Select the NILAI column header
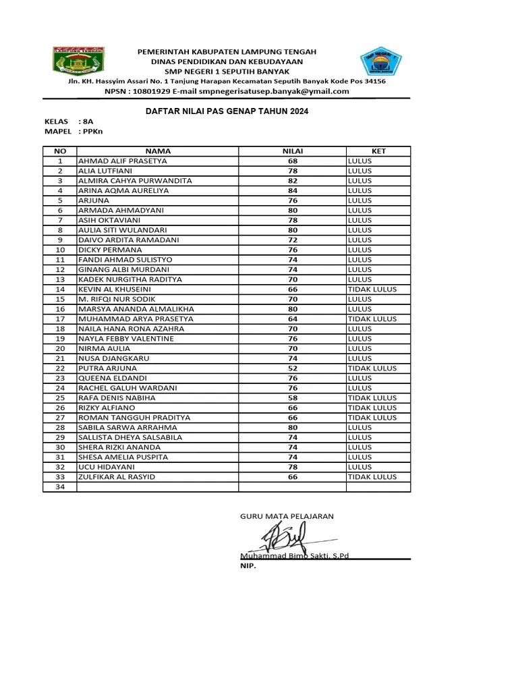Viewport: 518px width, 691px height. (293, 151)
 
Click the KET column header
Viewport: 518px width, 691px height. (378, 151)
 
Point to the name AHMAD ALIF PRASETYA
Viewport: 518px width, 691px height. (123, 161)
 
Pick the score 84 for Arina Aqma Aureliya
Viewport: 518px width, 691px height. (293, 191)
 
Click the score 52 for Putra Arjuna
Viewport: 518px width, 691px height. (293, 368)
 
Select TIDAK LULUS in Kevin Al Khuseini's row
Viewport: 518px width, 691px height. (372, 289)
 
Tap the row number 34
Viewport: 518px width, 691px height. (60, 487)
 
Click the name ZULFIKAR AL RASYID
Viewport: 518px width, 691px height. (117, 477)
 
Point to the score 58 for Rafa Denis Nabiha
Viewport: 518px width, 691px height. (293, 398)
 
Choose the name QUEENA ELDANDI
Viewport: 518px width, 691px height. (113, 379)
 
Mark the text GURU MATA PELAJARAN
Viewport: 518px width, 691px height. (287, 516)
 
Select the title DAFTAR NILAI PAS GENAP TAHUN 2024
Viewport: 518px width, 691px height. (227, 111)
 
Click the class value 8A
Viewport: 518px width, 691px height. (88, 121)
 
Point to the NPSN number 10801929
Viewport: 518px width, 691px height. (152, 92)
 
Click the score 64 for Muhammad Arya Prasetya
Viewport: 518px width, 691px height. (293, 319)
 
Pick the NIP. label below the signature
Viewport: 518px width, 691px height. (248, 566)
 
